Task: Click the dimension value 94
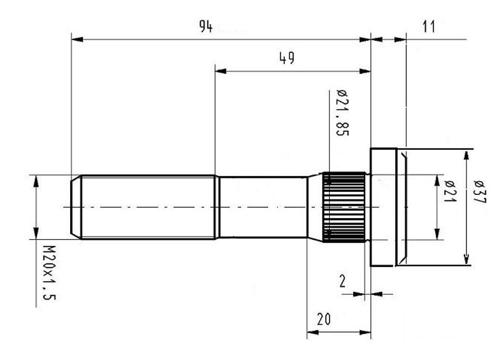(x=205, y=27)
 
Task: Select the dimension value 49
(x=286, y=59)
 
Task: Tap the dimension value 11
(x=428, y=27)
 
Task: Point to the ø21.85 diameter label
(x=342, y=113)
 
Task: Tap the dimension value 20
(x=323, y=319)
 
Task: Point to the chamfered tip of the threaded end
(x=75, y=207)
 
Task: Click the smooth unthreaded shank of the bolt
(x=263, y=207)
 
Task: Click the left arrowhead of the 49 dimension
(x=221, y=71)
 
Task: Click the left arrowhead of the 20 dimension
(x=312, y=333)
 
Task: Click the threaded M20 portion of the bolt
(x=147, y=207)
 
